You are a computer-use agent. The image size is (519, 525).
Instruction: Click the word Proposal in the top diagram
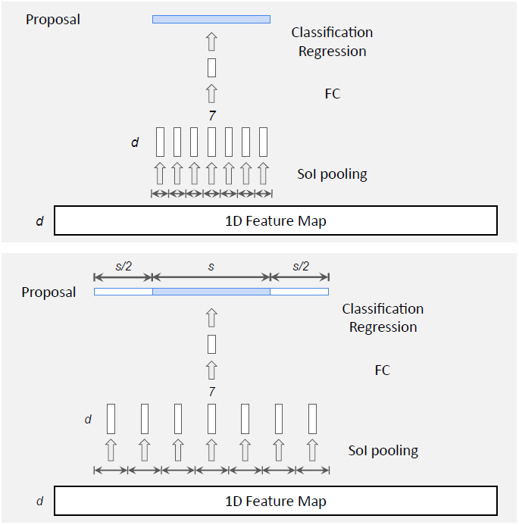(53, 20)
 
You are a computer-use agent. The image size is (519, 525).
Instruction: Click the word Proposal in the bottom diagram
(48, 292)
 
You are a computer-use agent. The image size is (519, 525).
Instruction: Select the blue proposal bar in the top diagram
(211, 19)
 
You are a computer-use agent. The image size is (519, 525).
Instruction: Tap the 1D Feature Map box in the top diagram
(276, 221)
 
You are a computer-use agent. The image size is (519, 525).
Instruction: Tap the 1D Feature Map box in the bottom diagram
(276, 502)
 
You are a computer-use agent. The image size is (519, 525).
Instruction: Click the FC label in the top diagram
(332, 94)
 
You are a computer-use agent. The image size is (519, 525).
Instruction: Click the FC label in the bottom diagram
(383, 370)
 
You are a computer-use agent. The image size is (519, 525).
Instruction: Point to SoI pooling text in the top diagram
(332, 174)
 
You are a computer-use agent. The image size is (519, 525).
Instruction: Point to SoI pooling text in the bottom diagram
(383, 451)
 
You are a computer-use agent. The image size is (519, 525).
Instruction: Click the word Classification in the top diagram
(332, 33)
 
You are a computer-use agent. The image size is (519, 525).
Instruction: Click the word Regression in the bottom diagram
(383, 327)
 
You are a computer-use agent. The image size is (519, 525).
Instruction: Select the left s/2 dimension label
(123, 266)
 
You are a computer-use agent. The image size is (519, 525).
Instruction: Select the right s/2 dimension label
(300, 266)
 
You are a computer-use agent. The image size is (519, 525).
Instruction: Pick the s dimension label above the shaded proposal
(211, 266)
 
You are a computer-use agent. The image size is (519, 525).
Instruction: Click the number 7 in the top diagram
(211, 116)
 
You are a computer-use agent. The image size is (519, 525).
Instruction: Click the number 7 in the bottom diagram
(211, 392)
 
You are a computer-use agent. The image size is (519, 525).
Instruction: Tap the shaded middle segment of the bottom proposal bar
(211, 292)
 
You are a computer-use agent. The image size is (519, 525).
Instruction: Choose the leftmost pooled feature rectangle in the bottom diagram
(111, 419)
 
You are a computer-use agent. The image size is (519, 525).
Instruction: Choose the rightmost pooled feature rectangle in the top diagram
(264, 142)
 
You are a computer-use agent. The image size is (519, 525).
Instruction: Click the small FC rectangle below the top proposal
(211, 67)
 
